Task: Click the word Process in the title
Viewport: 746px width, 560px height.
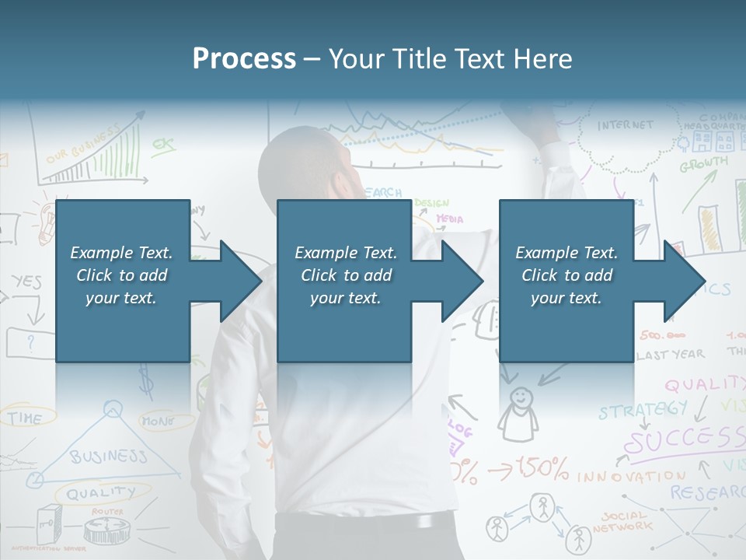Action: tap(244, 58)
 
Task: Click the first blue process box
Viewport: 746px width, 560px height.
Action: tap(122, 281)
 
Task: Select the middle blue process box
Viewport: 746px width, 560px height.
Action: tap(344, 281)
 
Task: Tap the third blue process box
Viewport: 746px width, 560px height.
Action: tap(566, 281)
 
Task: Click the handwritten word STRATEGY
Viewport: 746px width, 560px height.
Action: tap(643, 409)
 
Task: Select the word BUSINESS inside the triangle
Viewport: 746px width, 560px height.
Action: tap(108, 456)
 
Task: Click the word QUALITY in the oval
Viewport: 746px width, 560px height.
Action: tap(100, 492)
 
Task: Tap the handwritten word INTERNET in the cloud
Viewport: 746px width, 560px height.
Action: tap(626, 125)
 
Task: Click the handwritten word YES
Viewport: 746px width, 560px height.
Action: tap(26, 282)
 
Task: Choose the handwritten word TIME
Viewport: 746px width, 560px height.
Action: tap(26, 418)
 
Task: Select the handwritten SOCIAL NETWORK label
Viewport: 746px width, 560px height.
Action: tap(626, 521)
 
